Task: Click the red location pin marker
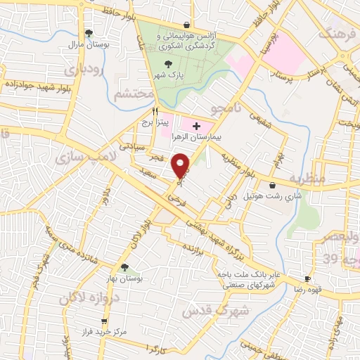point(181,166)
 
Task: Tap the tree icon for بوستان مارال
point(89,32)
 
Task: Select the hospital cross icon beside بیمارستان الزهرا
point(195,124)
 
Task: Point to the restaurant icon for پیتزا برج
point(155,111)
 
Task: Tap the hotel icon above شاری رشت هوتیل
point(272,186)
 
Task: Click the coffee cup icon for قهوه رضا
point(307,279)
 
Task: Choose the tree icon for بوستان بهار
point(124,267)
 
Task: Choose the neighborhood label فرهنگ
point(335,33)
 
